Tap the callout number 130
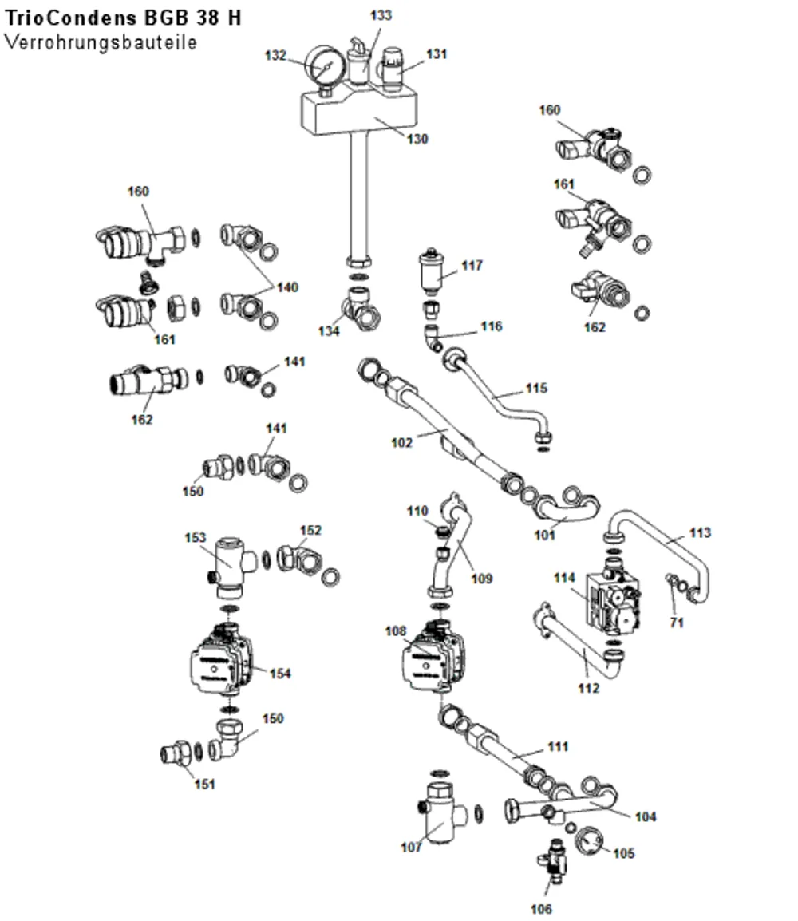(417, 139)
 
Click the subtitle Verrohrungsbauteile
(101, 42)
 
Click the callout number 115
(536, 388)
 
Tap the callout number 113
(700, 533)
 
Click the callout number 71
(677, 622)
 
